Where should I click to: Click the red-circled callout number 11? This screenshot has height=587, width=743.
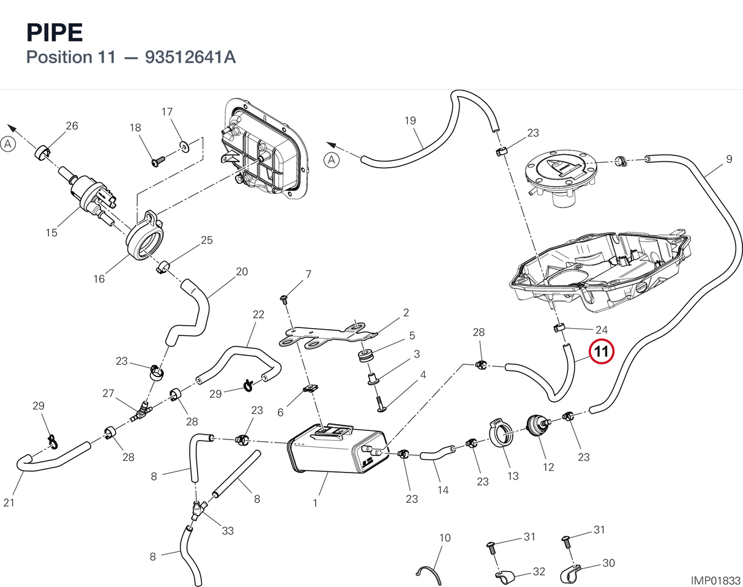602,351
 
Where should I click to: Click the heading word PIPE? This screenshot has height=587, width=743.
54,33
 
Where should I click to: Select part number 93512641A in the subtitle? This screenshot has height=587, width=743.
190,57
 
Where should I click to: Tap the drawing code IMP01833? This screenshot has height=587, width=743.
715,580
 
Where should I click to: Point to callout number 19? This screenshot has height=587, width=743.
410,121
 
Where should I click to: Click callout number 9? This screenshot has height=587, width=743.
729,159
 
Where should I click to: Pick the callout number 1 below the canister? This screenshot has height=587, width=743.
315,503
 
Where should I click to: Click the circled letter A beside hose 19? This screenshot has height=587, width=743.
332,160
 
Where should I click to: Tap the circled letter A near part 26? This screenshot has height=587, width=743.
8,144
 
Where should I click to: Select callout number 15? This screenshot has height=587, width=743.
51,233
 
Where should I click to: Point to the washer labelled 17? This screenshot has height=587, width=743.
185,146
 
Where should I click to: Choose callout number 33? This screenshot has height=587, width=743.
228,530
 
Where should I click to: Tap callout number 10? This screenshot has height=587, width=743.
445,537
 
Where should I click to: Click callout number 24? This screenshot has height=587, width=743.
602,330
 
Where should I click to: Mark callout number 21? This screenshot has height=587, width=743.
9,503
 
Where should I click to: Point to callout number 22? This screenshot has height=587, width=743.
258,314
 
